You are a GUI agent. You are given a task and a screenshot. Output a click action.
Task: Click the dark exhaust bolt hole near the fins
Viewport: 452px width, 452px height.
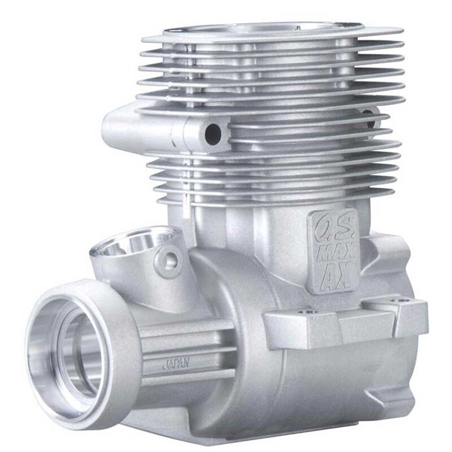pyautogui.click(x=213, y=133)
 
